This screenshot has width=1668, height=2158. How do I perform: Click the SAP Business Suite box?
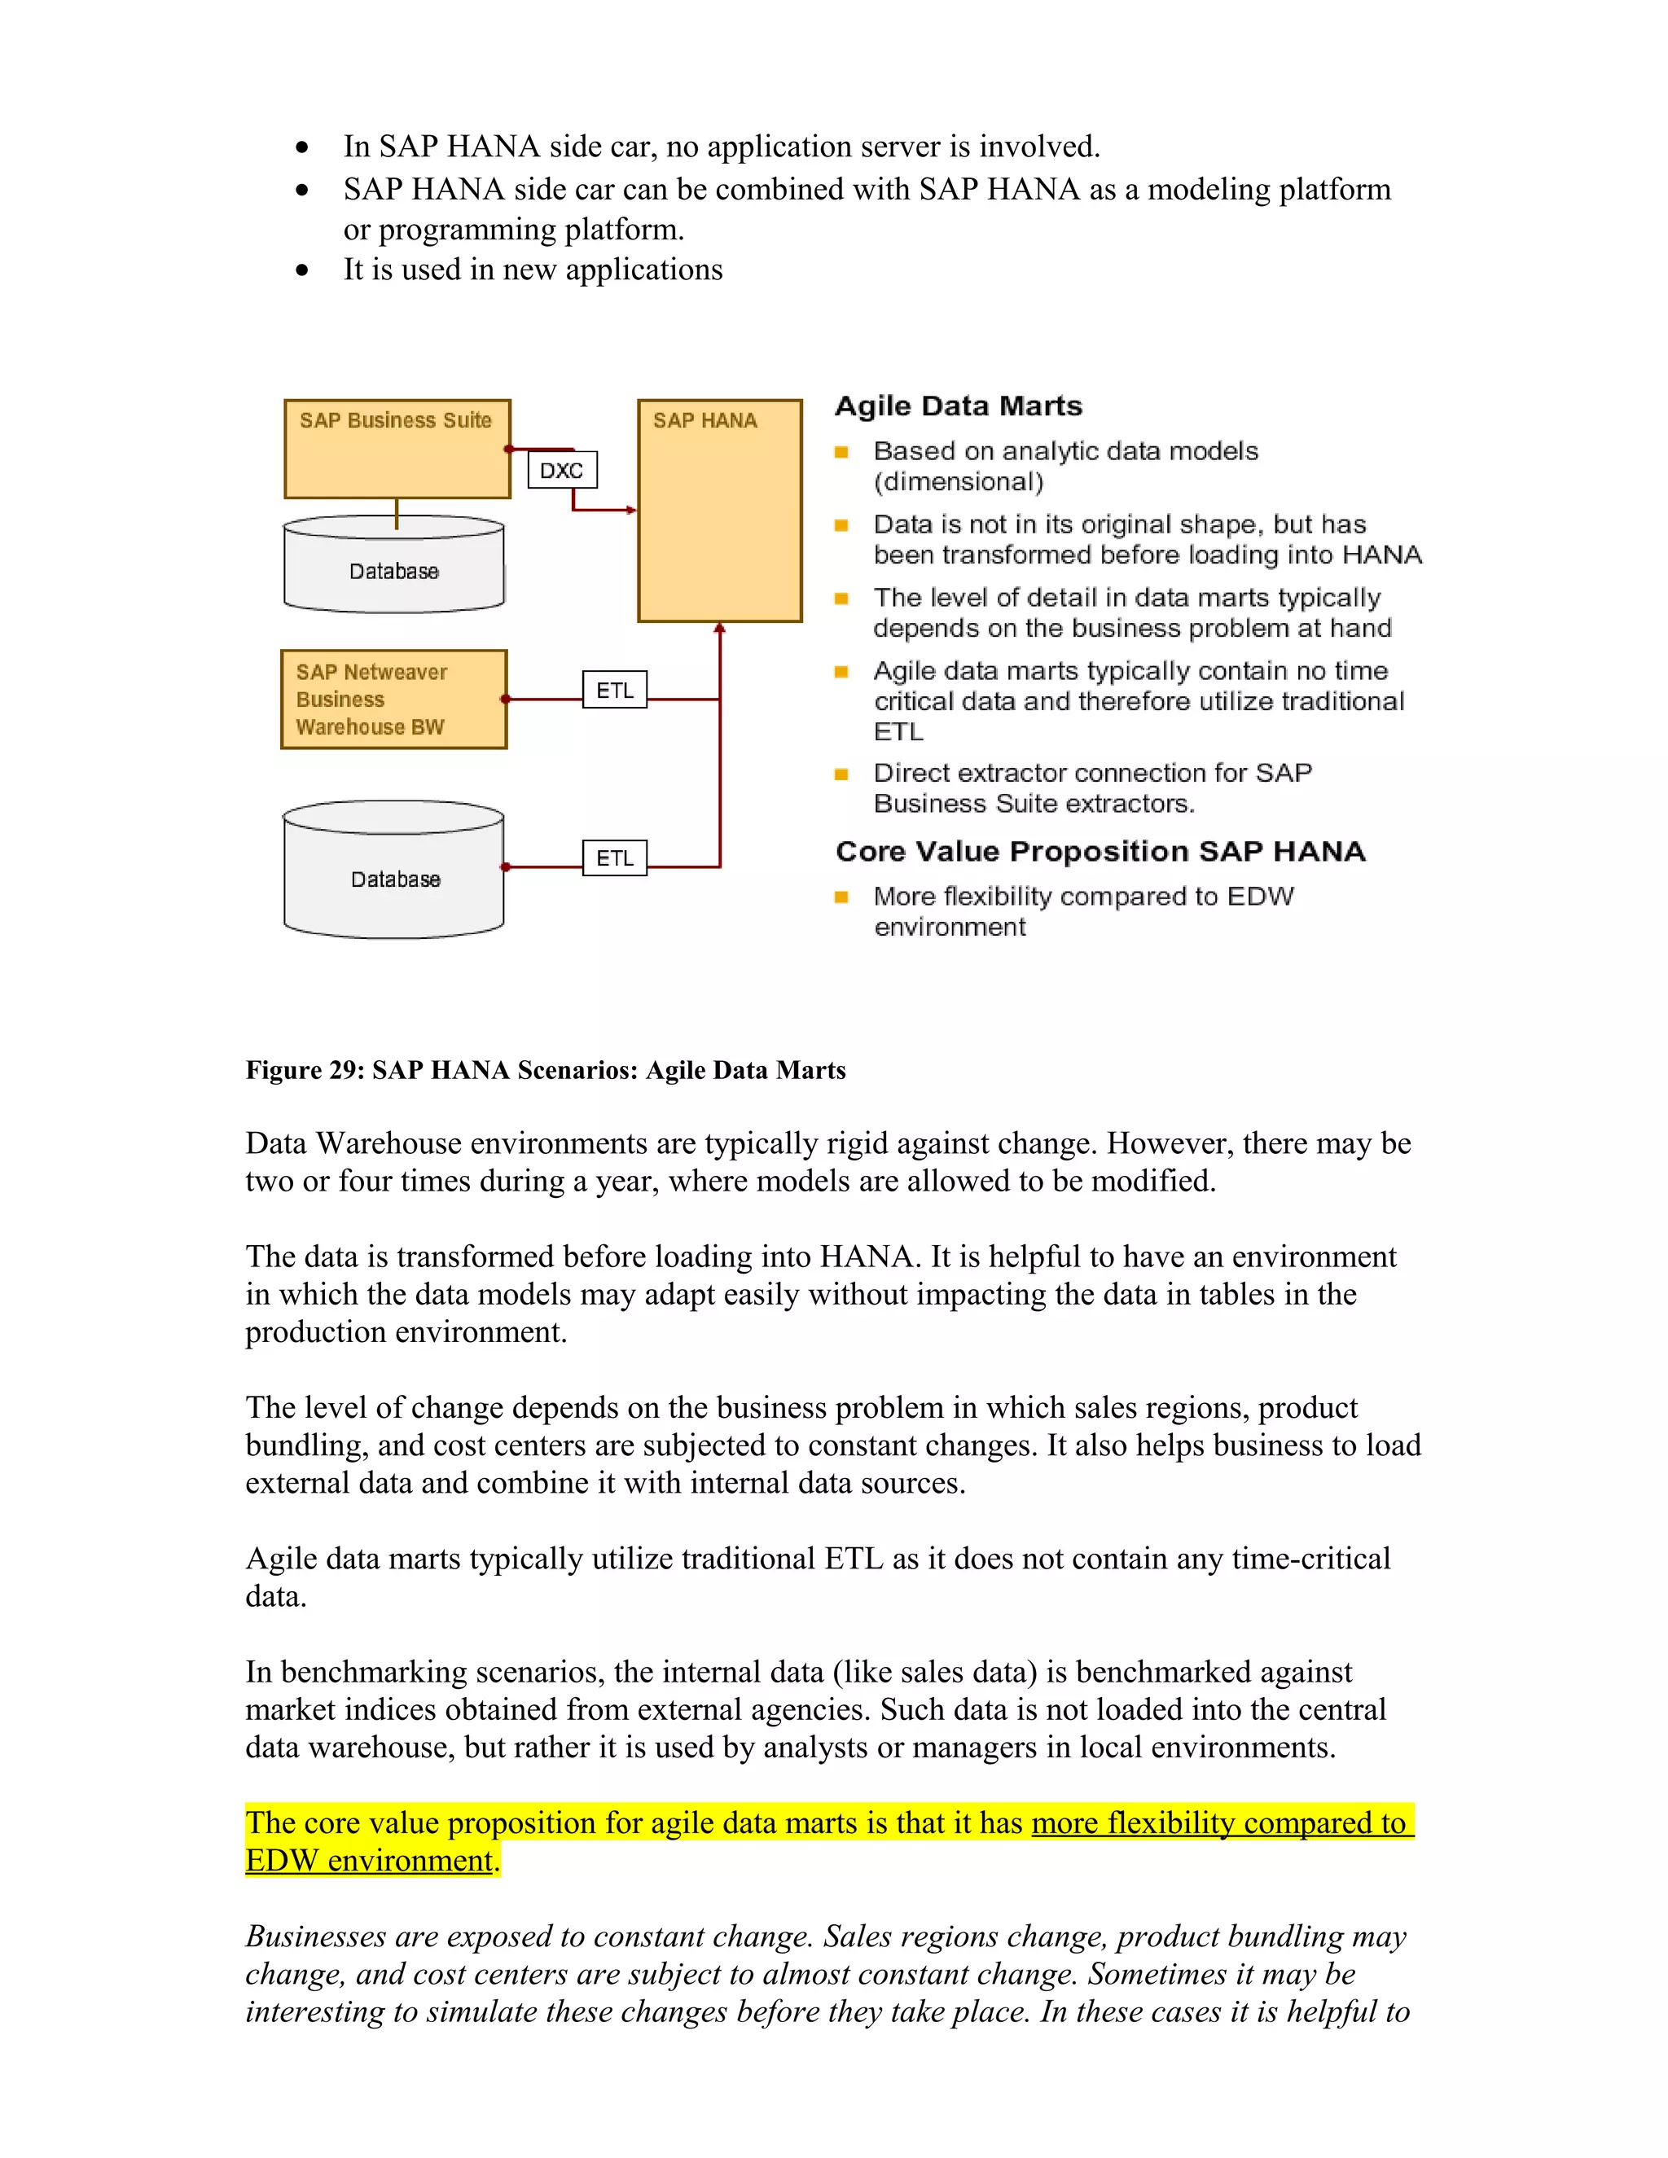(x=397, y=450)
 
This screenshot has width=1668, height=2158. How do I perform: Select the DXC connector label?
(x=561, y=471)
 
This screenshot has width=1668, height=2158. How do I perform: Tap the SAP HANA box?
(x=719, y=511)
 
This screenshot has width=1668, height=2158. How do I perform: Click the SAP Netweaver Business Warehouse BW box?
(x=393, y=700)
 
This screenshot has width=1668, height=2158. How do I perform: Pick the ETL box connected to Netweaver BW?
(x=615, y=690)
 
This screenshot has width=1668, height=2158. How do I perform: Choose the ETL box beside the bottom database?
(x=615, y=857)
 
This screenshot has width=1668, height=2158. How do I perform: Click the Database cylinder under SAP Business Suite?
(x=393, y=570)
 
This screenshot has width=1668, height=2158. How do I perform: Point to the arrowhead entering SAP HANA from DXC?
(x=631, y=510)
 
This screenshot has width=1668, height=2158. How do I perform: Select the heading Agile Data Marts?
(x=959, y=406)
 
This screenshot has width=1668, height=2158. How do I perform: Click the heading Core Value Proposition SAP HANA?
(x=1100, y=852)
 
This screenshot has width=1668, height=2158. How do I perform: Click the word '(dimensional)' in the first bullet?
(x=958, y=482)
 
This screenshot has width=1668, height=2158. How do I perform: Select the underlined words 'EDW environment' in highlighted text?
(x=369, y=1861)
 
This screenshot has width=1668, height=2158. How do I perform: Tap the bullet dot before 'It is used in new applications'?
(x=302, y=270)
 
